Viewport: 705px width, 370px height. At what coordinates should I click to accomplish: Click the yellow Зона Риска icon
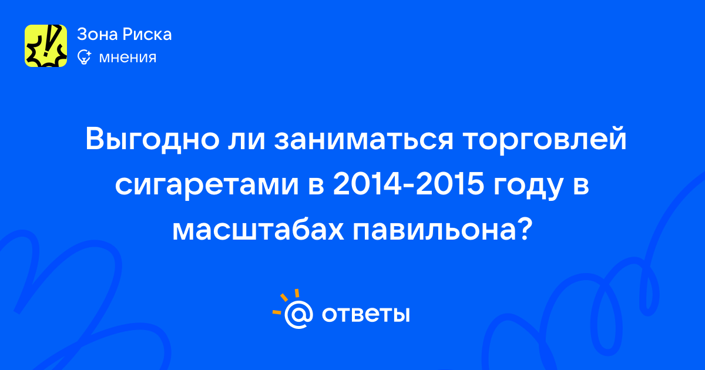tap(46, 46)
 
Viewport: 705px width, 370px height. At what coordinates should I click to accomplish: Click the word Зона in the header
tap(96, 34)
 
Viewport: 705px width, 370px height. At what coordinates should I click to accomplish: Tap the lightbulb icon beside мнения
tap(84, 57)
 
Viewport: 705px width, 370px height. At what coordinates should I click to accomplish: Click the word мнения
tap(127, 58)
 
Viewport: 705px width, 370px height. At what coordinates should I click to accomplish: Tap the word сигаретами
tap(207, 184)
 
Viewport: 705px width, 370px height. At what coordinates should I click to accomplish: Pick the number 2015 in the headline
tap(450, 184)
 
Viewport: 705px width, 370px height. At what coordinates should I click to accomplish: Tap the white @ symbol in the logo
tap(298, 314)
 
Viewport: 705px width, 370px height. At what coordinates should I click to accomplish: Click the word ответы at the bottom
tap(365, 314)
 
